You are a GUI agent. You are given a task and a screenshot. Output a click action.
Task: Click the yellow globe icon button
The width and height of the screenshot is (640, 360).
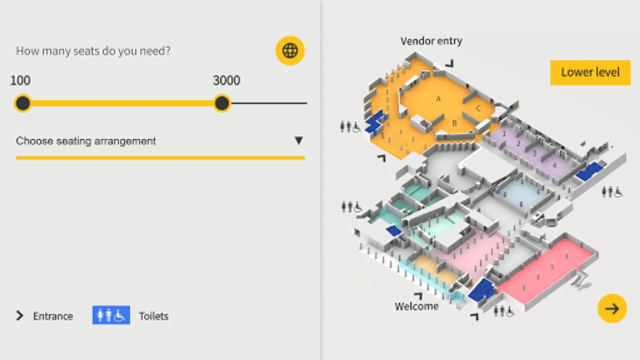click(290, 51)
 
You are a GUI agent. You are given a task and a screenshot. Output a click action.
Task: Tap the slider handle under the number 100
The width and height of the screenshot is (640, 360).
click(23, 103)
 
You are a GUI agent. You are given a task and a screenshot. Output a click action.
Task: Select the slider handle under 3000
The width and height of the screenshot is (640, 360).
click(222, 103)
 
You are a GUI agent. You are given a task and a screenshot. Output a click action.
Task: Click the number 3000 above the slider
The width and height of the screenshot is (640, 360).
click(226, 80)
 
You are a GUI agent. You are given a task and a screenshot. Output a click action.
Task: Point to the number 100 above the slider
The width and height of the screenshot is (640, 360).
click(20, 80)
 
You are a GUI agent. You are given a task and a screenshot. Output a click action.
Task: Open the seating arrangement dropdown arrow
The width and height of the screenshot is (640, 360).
click(298, 140)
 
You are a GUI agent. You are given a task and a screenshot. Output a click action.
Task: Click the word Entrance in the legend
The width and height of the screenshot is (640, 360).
click(53, 316)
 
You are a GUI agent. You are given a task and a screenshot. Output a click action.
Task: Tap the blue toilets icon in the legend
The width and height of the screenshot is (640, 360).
click(111, 315)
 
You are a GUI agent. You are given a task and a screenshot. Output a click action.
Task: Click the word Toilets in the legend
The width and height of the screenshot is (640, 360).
click(154, 316)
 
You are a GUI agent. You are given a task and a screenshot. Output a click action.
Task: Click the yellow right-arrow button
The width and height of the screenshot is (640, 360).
click(612, 308)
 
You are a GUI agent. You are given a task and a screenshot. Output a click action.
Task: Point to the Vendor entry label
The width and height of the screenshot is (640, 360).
click(431, 41)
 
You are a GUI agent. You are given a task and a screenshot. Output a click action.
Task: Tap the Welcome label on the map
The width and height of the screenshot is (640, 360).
click(416, 306)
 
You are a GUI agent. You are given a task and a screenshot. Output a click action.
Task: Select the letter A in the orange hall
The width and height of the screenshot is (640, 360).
click(438, 99)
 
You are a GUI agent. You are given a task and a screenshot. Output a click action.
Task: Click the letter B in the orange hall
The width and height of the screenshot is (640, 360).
click(454, 123)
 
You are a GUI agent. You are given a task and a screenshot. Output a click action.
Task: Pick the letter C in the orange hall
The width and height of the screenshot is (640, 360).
click(478, 108)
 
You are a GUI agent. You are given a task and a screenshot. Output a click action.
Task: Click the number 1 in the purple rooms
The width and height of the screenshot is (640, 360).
click(504, 134)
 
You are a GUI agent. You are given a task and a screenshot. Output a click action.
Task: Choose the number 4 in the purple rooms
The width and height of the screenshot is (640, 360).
click(554, 165)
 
